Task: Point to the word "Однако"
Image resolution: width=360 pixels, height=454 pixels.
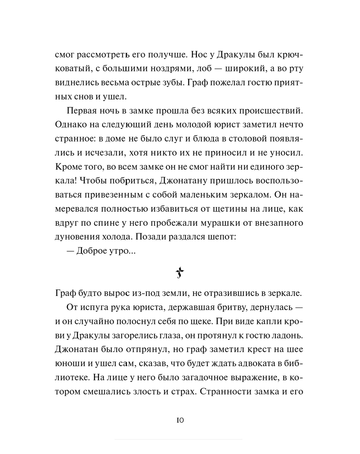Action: point(71,124)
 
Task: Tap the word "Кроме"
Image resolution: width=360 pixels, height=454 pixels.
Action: point(69,166)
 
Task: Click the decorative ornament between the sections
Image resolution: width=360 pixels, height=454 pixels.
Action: point(180,273)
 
